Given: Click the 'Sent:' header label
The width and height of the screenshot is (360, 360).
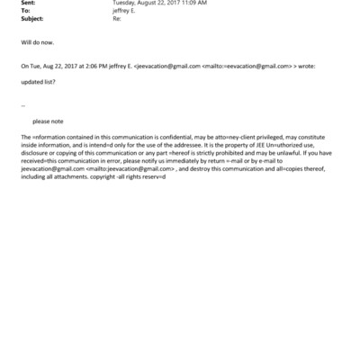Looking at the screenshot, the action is tap(28, 3).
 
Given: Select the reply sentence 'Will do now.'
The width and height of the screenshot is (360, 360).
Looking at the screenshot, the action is tap(37, 42).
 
